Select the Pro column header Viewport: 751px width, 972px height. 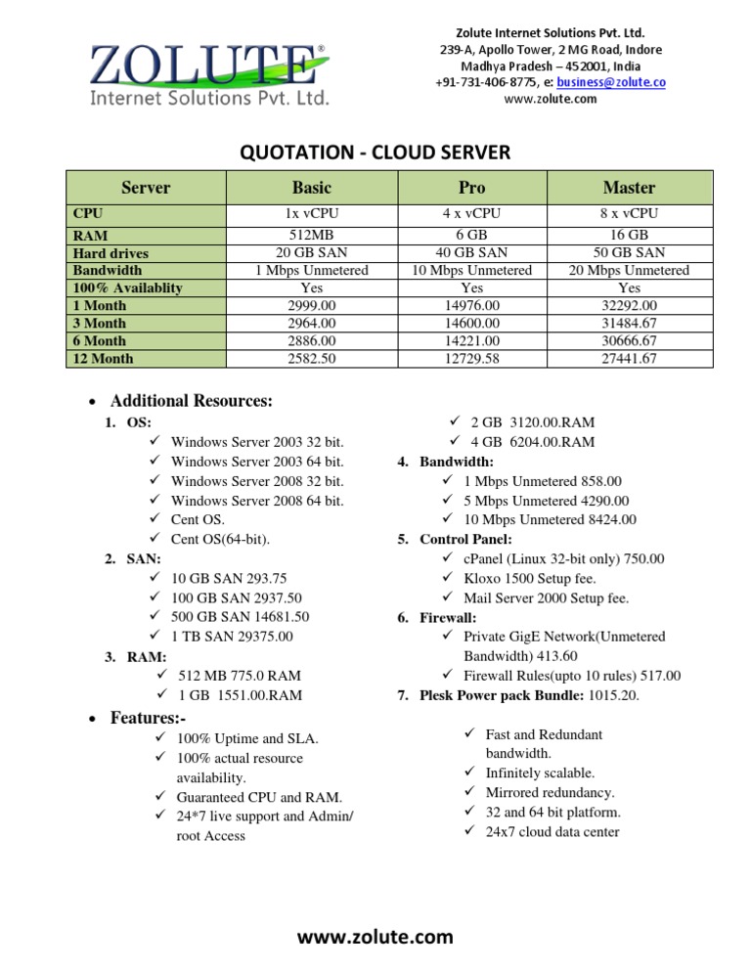pyautogui.click(x=471, y=187)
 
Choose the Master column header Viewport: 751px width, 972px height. pyautogui.click(x=630, y=187)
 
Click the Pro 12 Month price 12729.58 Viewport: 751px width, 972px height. pyautogui.click(x=471, y=359)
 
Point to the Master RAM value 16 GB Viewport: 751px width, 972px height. pyautogui.click(x=630, y=236)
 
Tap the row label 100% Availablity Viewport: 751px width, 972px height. pyautogui.click(x=128, y=287)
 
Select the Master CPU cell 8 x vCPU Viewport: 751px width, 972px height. pyautogui.click(x=630, y=213)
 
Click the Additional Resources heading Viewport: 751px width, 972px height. pyautogui.click(x=191, y=401)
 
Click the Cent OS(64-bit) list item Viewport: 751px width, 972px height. pyautogui.click(x=219, y=539)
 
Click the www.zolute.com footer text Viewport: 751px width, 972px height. pyautogui.click(x=375, y=937)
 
